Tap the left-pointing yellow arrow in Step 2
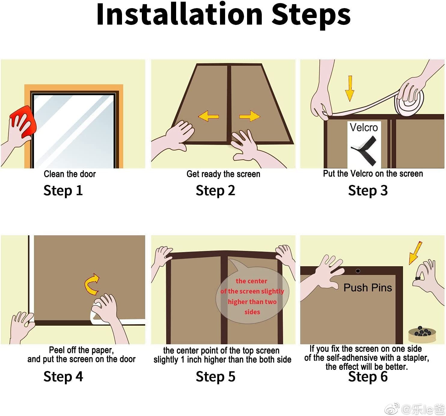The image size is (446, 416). tap(208, 116)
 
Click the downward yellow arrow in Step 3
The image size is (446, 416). tap(350, 89)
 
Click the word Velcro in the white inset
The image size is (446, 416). tap(364, 128)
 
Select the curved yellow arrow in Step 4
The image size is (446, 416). tap(91, 285)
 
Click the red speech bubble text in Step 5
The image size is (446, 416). tap(252, 297)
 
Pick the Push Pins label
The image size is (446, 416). tap(368, 288)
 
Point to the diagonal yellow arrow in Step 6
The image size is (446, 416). tap(415, 253)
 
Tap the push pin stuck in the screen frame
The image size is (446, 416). tap(358, 271)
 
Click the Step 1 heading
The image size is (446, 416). tap(63, 191)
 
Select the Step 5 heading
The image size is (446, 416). tap(215, 377)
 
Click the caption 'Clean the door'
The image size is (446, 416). tap(70, 174)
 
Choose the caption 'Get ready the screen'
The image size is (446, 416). tap(223, 174)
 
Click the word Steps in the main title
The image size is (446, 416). tap(311, 15)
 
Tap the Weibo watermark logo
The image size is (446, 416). tap(392, 408)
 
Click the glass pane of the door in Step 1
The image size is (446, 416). tap(74, 131)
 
